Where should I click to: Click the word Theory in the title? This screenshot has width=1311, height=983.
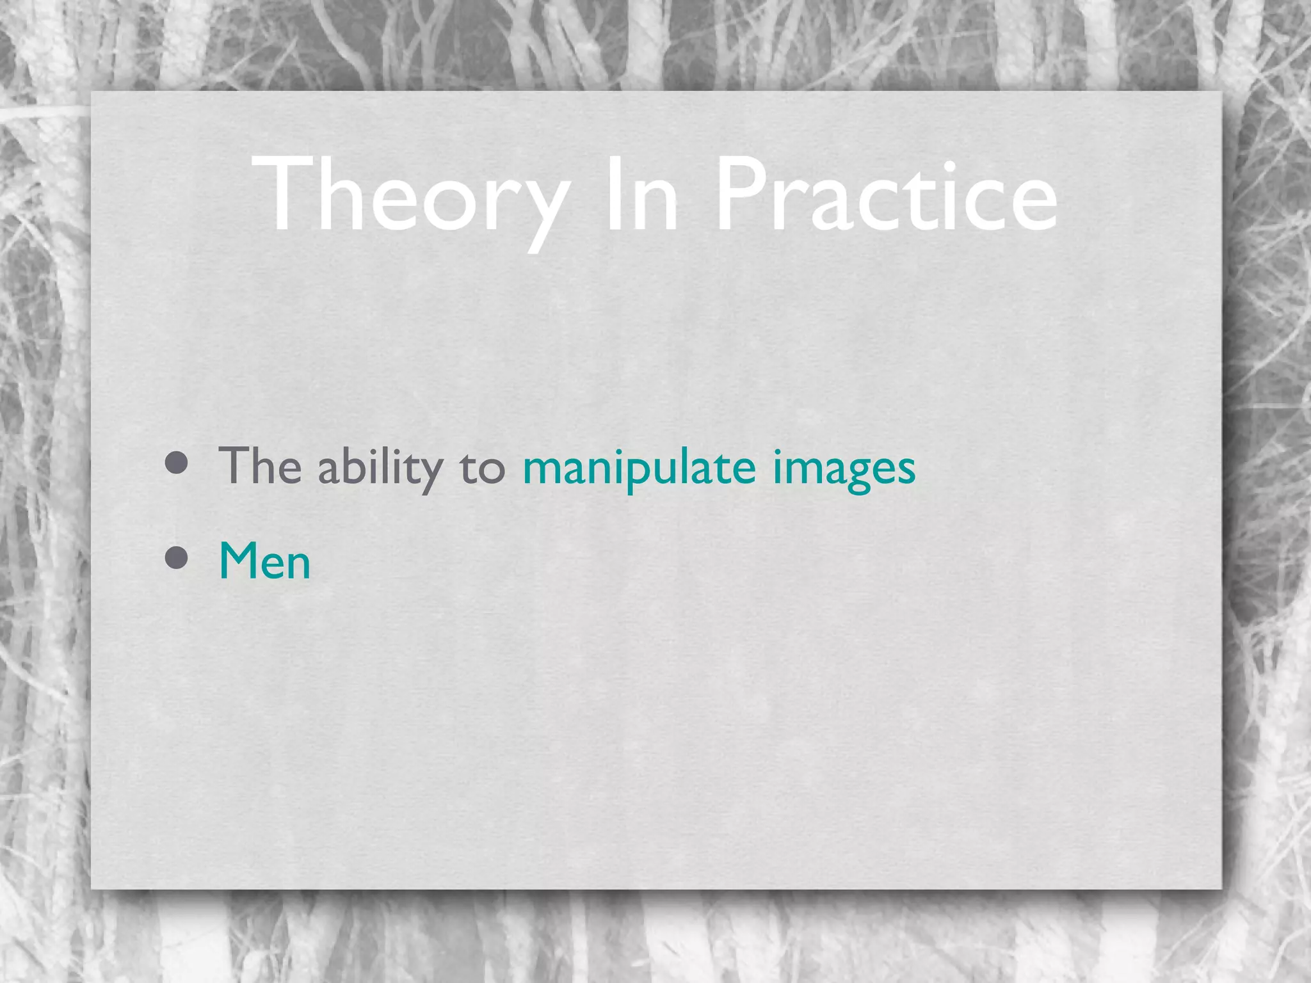pos(410,196)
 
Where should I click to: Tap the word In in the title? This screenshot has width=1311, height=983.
pos(641,196)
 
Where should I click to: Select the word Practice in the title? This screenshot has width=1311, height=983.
pos(886,196)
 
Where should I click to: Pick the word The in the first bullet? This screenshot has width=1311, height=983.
pos(260,466)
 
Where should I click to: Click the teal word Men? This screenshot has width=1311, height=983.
pos(264,561)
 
